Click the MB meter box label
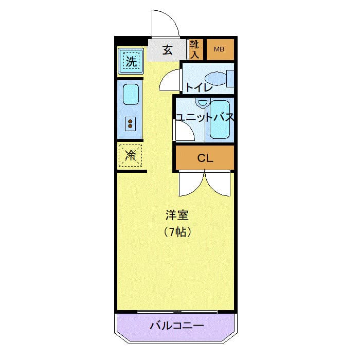pyautogui.click(x=219, y=49)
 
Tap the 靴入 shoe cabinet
pyautogui.click(x=195, y=49)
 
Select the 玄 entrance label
pyautogui.click(x=167, y=50)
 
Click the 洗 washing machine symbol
pyautogui.click(x=131, y=61)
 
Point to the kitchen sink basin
pyautogui.click(x=131, y=95)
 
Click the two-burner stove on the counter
pyautogui.click(x=130, y=124)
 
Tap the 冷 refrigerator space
pyautogui.click(x=131, y=155)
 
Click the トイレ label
pyautogui.click(x=199, y=87)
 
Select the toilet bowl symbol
pyautogui.click(x=219, y=79)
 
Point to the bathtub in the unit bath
pyautogui.click(x=220, y=120)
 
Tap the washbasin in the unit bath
pyautogui.click(x=203, y=102)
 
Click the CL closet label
pyautogui.click(x=205, y=158)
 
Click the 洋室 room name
pyautogui.click(x=177, y=215)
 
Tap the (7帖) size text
pyautogui.click(x=177, y=232)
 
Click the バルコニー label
pyautogui.click(x=177, y=326)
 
